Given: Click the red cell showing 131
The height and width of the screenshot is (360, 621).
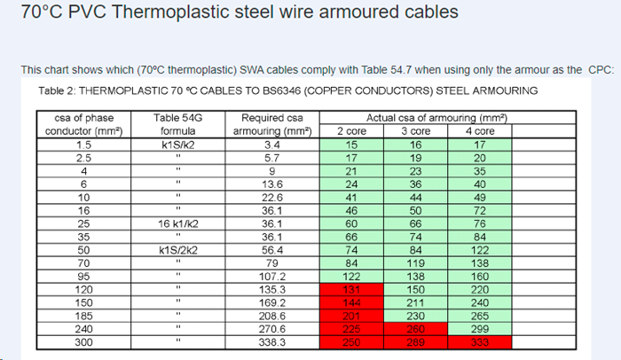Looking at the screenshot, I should point(351,288).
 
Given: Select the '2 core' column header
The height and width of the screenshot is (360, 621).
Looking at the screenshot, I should point(351,130).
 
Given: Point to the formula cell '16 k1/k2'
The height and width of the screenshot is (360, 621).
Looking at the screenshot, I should point(177,223).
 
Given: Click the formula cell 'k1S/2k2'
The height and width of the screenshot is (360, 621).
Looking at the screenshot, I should point(177,250).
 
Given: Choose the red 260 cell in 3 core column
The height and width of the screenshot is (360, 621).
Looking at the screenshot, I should point(415,328).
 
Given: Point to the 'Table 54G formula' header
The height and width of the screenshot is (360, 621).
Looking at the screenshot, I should point(177,124).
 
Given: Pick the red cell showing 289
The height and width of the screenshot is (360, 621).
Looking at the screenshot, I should point(415,341).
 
